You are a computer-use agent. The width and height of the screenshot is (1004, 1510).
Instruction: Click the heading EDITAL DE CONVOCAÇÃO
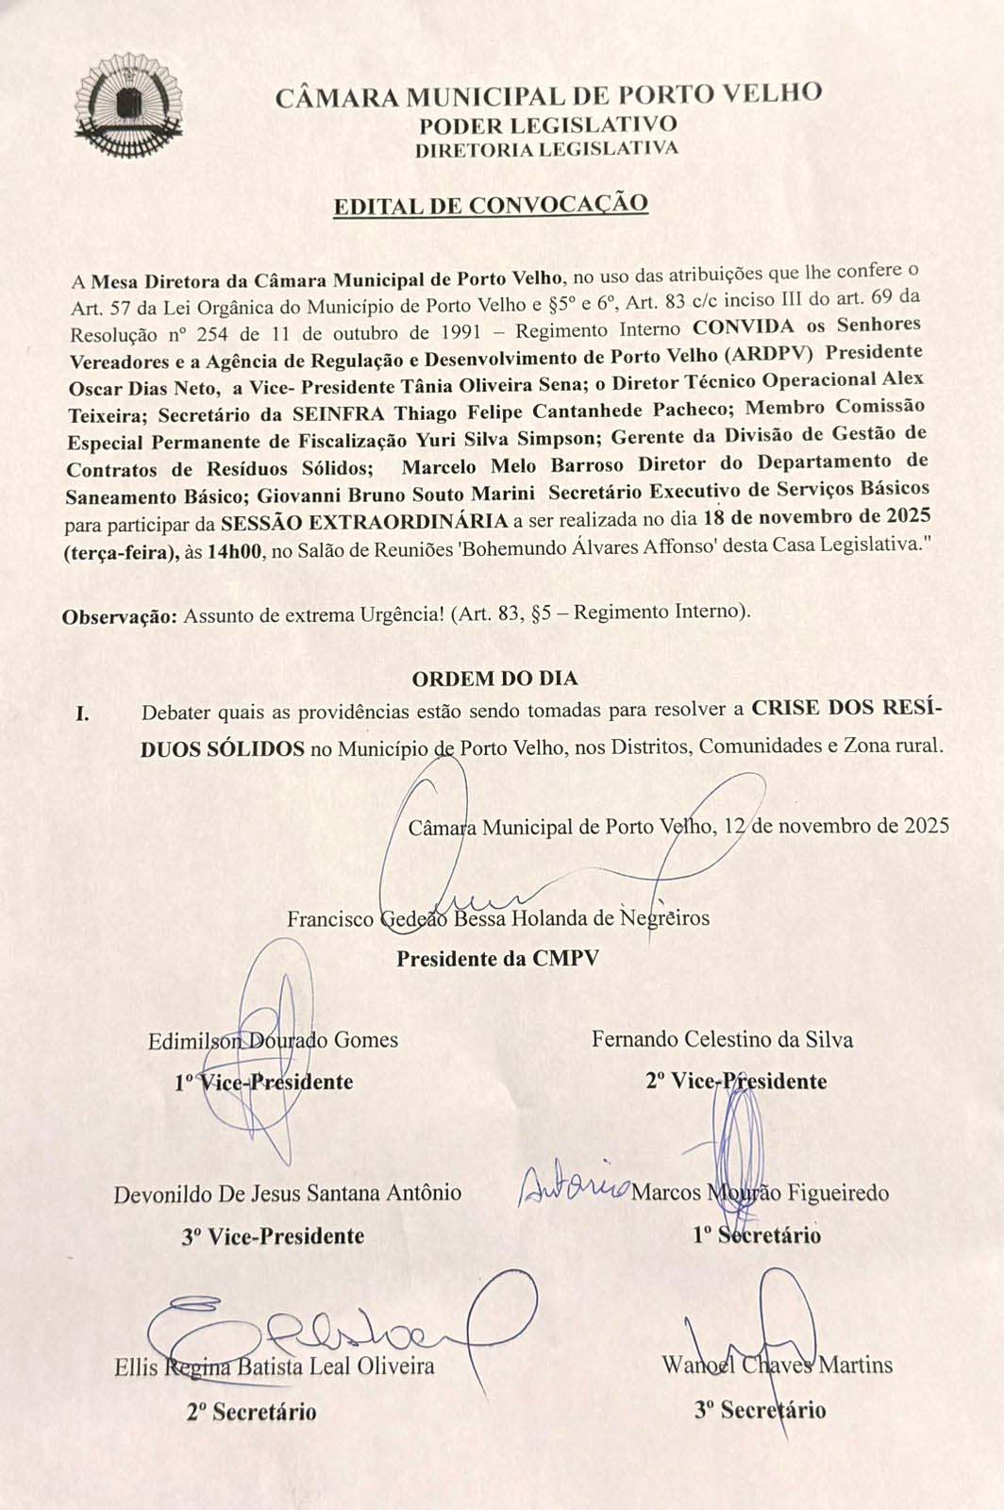point(491,205)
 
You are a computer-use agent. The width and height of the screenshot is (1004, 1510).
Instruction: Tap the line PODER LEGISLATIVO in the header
point(547,125)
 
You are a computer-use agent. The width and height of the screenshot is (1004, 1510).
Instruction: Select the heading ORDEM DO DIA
point(494,678)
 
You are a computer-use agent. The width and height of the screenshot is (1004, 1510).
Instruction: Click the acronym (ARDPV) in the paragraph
point(767,355)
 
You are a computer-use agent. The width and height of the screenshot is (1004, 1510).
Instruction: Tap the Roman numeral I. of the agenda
point(83,713)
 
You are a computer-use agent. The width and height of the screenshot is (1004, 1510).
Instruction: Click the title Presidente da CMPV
point(497,959)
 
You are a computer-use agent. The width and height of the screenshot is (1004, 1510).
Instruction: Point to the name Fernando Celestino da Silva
point(722,1040)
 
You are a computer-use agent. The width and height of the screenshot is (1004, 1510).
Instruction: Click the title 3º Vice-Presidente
point(273,1235)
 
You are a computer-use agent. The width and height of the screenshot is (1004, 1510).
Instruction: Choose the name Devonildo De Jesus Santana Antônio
point(288,1194)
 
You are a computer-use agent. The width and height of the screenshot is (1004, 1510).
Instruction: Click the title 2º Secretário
point(251,1412)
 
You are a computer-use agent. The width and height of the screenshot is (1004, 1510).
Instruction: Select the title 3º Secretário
point(760,1410)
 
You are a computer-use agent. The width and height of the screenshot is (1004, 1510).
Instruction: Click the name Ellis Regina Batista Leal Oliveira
point(274,1367)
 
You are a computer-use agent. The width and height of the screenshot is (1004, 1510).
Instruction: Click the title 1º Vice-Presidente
point(264,1082)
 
